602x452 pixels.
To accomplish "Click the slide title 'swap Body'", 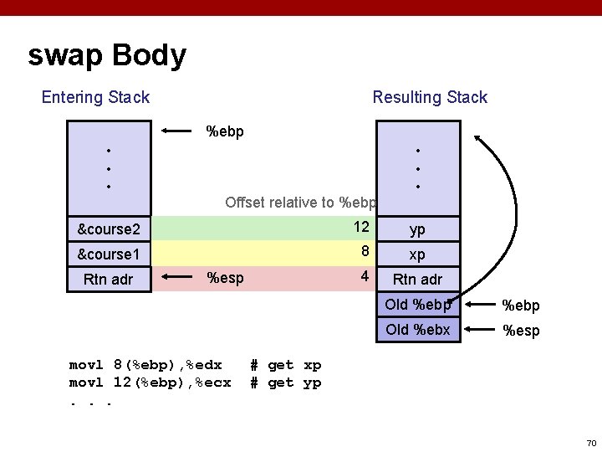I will coord(107,56).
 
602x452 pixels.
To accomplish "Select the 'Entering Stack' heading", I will coord(95,97).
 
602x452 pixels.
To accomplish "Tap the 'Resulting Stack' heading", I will coord(430,97).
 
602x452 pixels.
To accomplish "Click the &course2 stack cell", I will coord(109,229).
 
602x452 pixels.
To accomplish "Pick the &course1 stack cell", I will coord(109,254).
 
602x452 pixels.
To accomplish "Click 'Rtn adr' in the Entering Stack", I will coord(109,280).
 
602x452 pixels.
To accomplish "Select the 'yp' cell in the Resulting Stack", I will coord(417,229).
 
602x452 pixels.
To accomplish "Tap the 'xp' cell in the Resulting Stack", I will coord(417,254).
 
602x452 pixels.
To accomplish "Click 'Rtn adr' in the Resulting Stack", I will coord(417,280).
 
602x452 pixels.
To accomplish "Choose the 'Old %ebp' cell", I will coord(418,305).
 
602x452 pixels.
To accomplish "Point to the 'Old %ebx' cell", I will coord(418,330).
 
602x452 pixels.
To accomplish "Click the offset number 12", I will coord(361,228).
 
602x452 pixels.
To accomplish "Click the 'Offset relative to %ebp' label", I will coord(301,203).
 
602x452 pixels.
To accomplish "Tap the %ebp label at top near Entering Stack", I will coord(225,131).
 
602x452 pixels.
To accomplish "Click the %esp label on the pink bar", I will coord(225,278).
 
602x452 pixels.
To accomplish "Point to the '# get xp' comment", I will coord(286,365).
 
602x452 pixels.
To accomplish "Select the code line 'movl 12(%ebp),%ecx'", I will coord(150,383).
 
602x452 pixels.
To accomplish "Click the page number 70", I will coord(591,443).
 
